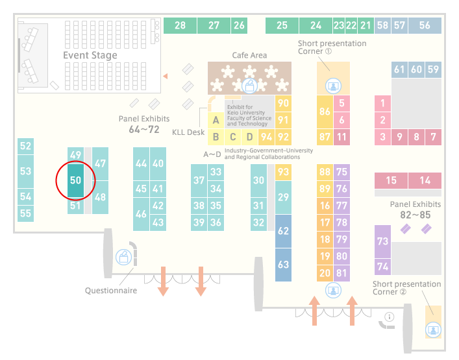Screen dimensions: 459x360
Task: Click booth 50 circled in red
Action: [x=75, y=180]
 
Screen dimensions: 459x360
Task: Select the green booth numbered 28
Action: [x=180, y=25]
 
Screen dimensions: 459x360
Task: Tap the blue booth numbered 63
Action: [x=283, y=265]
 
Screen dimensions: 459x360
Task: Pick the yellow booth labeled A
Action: [x=216, y=120]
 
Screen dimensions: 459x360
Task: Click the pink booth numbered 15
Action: [x=391, y=180]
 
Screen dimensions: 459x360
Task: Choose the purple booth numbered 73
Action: [x=382, y=241]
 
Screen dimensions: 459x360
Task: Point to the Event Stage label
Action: [x=90, y=55]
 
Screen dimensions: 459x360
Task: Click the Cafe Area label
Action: [x=249, y=55]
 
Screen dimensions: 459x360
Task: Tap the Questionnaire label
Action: [x=111, y=291]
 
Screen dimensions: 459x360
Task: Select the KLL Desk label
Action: [x=188, y=132]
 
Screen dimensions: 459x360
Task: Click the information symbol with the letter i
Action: [x=390, y=317]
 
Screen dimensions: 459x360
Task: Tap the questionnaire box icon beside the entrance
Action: [x=123, y=258]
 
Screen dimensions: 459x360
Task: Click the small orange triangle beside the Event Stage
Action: [x=166, y=77]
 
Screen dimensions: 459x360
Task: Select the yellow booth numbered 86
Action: [x=325, y=112]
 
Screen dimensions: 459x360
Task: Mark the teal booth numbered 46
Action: [x=141, y=214]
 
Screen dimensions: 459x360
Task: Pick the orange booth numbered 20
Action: [x=325, y=273]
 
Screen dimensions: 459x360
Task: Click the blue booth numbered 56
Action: [x=425, y=25]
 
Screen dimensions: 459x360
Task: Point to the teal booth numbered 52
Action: [x=25, y=146]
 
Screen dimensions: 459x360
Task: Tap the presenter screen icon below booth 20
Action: [x=333, y=291]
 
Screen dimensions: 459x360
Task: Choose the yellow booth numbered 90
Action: [x=283, y=104]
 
